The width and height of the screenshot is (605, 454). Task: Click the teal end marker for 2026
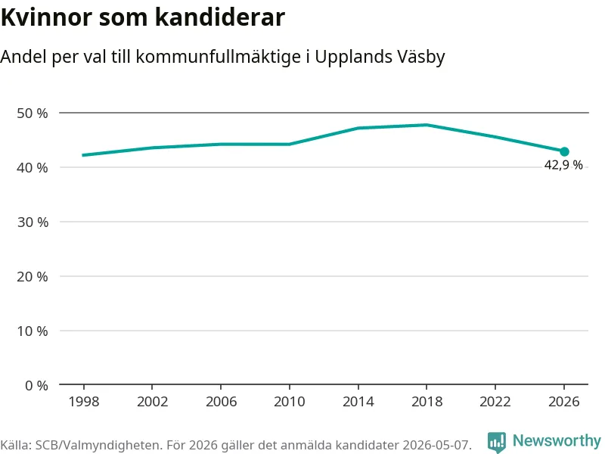(x=564, y=152)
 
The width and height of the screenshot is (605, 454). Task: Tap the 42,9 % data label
(x=563, y=165)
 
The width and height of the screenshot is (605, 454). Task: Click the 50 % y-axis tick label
(x=33, y=113)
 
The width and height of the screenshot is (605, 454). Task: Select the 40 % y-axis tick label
(x=33, y=167)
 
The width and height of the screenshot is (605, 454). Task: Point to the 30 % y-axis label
(x=33, y=222)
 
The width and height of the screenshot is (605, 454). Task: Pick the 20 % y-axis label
(x=33, y=276)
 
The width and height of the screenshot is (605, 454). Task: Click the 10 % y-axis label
(x=33, y=331)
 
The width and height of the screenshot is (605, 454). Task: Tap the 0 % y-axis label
(x=36, y=385)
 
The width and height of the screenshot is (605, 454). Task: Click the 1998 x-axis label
(x=84, y=402)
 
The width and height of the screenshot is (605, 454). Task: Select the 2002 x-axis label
(x=153, y=402)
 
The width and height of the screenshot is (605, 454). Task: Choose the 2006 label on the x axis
(x=221, y=402)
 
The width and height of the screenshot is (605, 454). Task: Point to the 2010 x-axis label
(x=290, y=402)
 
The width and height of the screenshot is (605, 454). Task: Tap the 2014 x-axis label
(x=358, y=402)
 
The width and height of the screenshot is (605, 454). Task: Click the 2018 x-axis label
(x=427, y=402)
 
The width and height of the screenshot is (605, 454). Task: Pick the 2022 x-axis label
(x=495, y=402)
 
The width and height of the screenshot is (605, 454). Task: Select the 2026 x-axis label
(x=563, y=402)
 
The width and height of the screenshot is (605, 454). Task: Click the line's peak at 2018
(x=427, y=125)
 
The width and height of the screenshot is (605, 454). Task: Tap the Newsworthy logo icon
(x=497, y=442)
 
